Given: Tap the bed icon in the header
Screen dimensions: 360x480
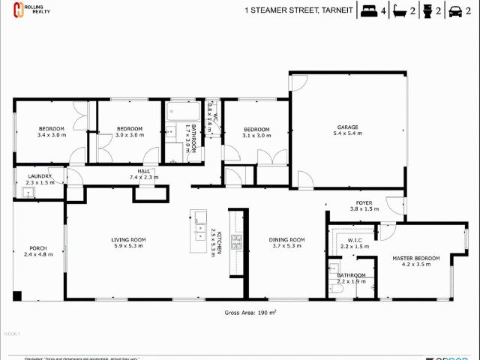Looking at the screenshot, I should click(368, 11).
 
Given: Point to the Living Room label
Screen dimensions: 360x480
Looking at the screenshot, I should click(128, 239).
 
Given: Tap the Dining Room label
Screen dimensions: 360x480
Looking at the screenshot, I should click(286, 239).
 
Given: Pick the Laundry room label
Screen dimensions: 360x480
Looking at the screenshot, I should click(40, 176).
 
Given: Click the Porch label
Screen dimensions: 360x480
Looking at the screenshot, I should click(38, 248).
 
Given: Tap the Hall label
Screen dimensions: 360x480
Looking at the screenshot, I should click(140, 171).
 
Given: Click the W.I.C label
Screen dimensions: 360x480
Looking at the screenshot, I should click(355, 240).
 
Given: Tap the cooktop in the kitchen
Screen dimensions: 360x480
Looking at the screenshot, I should click(236, 241).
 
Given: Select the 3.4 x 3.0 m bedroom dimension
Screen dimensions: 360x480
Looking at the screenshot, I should click(52, 135).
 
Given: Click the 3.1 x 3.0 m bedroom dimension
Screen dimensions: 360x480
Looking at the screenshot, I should click(256, 136).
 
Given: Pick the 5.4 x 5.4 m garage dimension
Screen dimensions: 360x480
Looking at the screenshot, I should click(347, 133).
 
